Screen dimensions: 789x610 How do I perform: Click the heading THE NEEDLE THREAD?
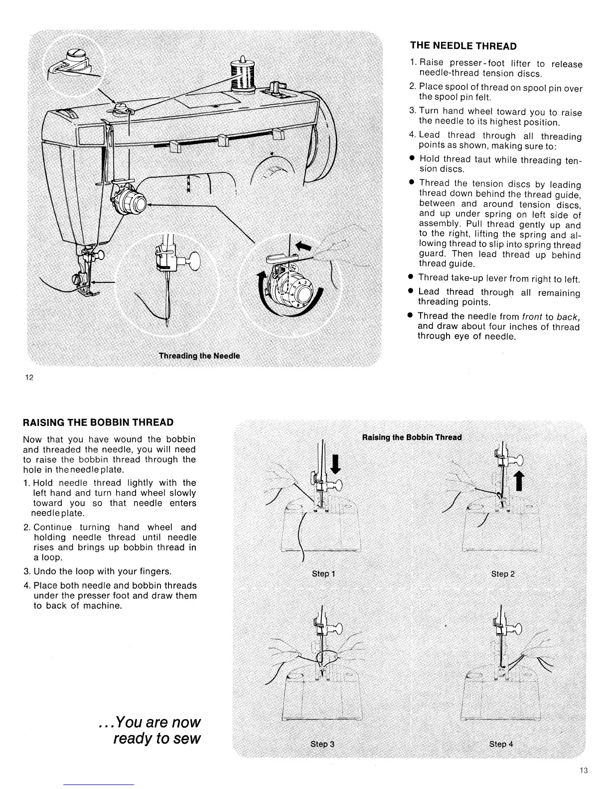(x=463, y=46)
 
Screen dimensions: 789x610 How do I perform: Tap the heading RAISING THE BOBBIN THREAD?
(x=98, y=422)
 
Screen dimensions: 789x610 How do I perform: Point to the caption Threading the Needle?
(x=199, y=356)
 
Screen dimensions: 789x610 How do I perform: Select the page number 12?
(x=29, y=377)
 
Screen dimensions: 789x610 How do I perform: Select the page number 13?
(x=584, y=771)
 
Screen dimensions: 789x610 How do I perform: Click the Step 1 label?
(x=323, y=574)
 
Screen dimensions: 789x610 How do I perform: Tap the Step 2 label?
(x=502, y=574)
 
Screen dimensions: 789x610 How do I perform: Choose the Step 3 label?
(x=322, y=744)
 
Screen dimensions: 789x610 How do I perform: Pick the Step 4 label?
(x=501, y=744)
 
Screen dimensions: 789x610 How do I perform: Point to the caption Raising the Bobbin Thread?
(x=412, y=438)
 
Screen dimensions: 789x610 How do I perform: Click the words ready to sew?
(x=157, y=738)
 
